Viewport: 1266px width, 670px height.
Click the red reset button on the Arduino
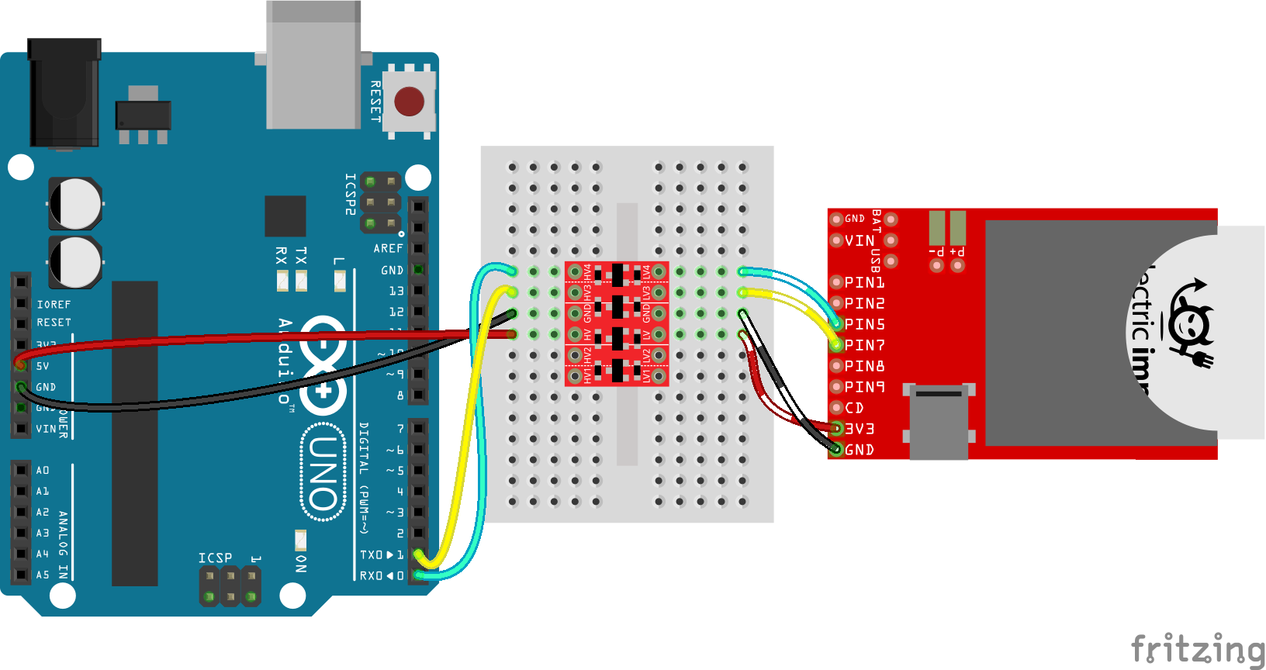409,102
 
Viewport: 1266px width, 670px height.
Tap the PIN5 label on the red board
864,324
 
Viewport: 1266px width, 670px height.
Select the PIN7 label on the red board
864,345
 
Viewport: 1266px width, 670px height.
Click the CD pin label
854,408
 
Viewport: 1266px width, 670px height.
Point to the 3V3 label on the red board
860,429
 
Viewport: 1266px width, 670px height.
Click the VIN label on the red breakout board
860,240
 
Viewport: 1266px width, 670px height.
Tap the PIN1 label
864,282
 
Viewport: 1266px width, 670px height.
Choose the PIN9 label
864,387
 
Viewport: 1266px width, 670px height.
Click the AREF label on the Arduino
388,249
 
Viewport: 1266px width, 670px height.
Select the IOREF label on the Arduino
54,305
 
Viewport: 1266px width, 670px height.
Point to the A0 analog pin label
43,471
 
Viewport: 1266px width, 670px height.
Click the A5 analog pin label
43,575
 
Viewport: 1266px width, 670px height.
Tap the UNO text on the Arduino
323,473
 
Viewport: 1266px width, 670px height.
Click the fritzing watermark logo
1197,648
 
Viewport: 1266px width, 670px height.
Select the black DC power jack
64,93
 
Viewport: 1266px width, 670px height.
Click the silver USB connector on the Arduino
313,66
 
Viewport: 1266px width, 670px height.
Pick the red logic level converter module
617,323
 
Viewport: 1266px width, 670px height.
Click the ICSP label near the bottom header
215,558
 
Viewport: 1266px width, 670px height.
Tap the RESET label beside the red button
375,101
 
